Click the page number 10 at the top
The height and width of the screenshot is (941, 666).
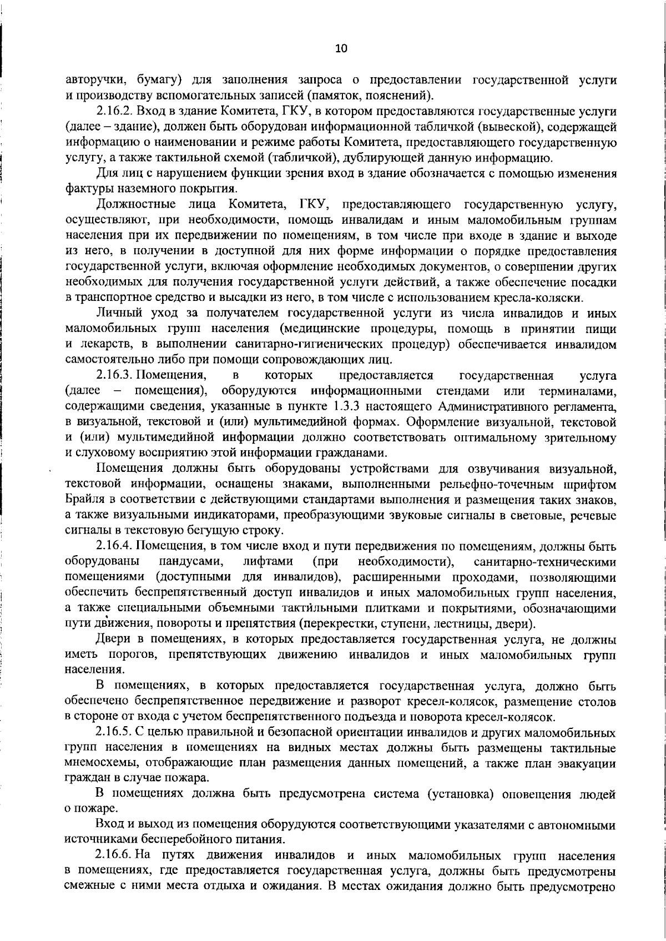[341, 48]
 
